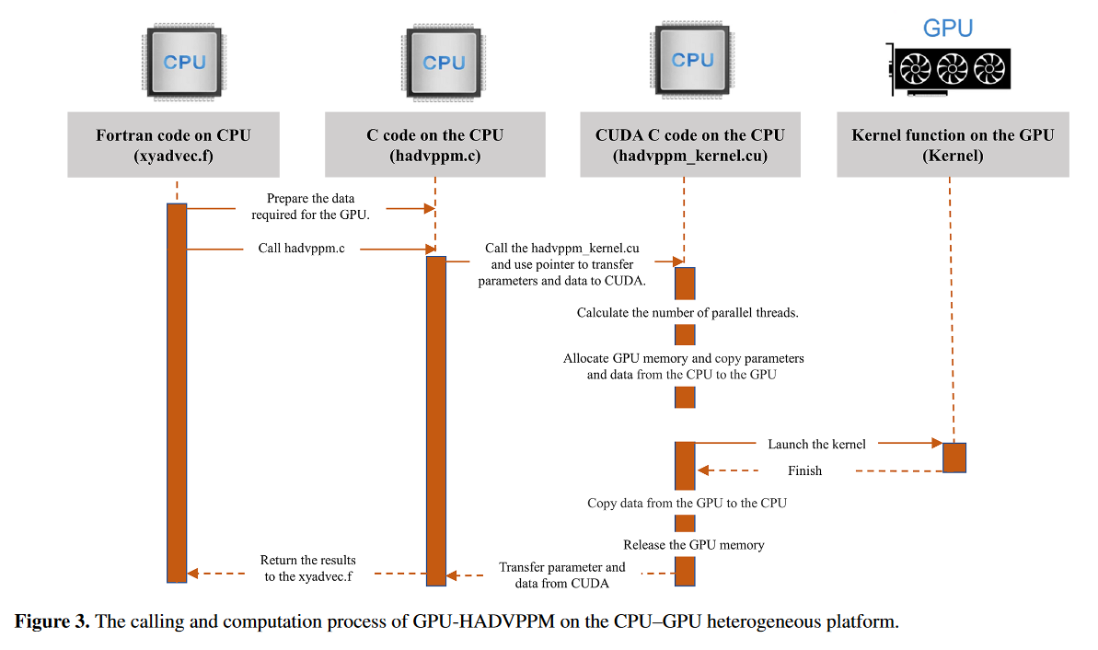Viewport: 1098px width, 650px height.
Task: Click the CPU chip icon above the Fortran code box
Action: [184, 62]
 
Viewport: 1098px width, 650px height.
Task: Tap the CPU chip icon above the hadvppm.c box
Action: [444, 63]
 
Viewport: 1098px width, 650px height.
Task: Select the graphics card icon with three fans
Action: [950, 69]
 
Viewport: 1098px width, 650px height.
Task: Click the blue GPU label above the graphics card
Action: [947, 28]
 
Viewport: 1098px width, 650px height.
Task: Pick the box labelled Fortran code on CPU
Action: [174, 145]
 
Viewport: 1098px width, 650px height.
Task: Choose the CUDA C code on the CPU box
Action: [689, 145]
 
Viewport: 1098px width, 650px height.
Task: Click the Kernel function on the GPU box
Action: [953, 145]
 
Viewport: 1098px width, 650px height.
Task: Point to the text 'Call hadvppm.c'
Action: [301, 248]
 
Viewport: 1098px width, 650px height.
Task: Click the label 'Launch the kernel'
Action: [816, 444]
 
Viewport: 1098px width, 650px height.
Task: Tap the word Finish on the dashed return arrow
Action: [804, 470]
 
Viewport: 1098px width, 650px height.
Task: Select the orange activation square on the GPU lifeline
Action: [954, 458]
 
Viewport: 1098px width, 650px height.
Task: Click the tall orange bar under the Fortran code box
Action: [177, 393]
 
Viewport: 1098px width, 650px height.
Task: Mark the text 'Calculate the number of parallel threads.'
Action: [687, 312]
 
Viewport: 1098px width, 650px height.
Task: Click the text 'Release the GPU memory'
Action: [693, 545]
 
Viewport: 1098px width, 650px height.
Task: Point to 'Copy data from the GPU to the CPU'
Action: [687, 503]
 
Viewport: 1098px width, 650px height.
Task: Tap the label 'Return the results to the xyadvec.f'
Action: [308, 568]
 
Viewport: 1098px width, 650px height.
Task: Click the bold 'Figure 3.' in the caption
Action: [52, 621]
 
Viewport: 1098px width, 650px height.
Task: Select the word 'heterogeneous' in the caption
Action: [763, 621]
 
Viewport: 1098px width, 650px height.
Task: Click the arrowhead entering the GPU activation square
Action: [937, 443]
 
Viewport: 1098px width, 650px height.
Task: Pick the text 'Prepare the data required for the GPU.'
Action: [310, 206]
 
